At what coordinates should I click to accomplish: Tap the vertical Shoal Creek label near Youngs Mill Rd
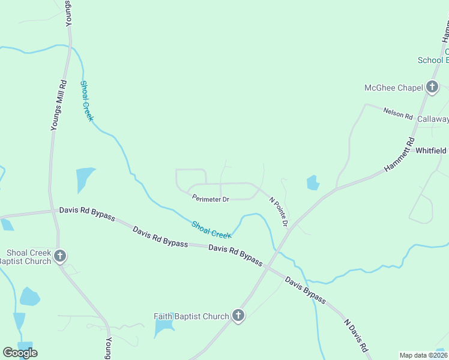pos(86,101)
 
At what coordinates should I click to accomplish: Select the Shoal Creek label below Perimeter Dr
pos(211,229)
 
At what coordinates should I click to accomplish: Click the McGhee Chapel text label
pos(394,88)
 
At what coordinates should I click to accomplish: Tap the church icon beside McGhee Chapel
pos(432,88)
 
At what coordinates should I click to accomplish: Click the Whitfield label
pos(432,151)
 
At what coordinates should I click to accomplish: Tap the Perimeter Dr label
pos(210,198)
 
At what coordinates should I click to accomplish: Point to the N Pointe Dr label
pos(279,212)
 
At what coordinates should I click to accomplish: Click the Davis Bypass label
pos(306,290)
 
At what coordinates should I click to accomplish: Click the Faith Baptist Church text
pos(191,316)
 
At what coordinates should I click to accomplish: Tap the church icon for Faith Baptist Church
pos(238,316)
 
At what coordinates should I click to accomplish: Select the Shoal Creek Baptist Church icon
pos(59,256)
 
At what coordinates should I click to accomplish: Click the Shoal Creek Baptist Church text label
pos(26,256)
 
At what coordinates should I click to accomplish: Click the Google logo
pos(20,353)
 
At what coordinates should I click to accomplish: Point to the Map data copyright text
pos(423,355)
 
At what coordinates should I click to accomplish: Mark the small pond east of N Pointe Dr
pos(313,182)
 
